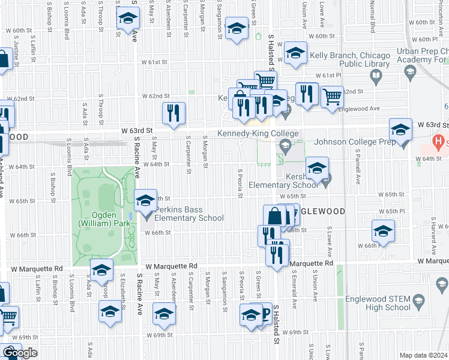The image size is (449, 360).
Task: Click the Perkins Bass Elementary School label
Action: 188,214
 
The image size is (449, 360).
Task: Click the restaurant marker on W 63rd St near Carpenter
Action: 173,113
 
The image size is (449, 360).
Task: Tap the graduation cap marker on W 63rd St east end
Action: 400,128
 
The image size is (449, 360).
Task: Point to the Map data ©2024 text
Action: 424,355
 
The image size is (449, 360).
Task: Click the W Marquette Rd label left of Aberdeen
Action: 170,266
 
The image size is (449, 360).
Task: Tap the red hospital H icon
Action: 440,142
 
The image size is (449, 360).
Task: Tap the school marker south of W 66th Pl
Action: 383,230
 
